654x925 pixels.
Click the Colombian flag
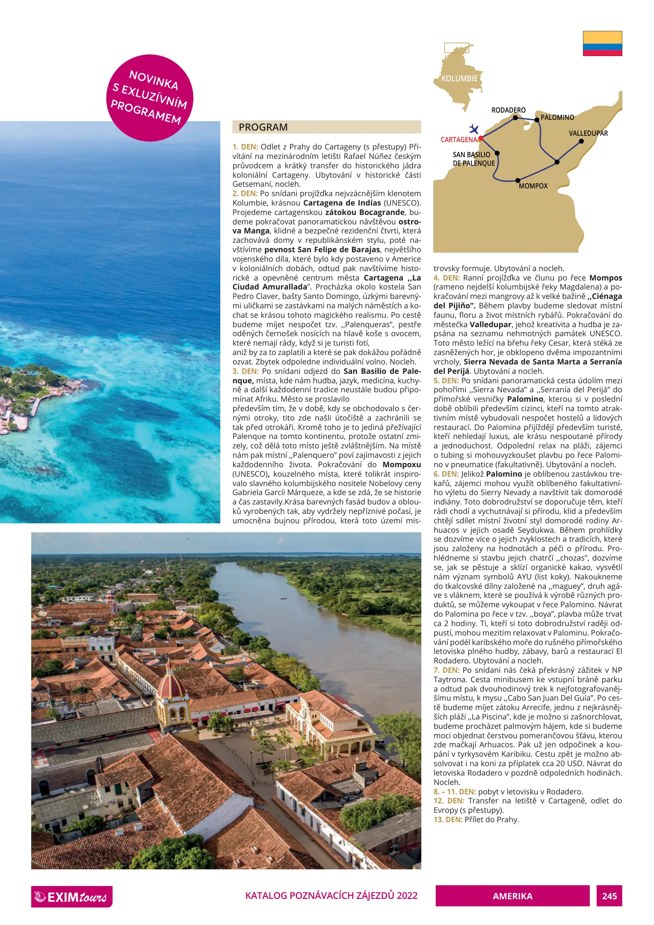click(x=602, y=43)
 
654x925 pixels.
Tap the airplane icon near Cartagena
click(x=473, y=128)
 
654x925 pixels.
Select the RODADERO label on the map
click(x=508, y=110)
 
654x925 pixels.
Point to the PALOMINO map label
click(x=557, y=117)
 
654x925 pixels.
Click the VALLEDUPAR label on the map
click(x=588, y=133)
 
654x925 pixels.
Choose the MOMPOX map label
click(x=533, y=186)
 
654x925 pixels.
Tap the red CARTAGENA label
click(x=459, y=140)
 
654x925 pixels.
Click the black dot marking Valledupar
click(x=581, y=141)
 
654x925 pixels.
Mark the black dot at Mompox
click(x=518, y=180)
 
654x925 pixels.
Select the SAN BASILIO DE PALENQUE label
click(x=473, y=159)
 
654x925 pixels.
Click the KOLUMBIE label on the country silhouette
click(x=459, y=79)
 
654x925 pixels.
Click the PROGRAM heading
click(x=263, y=127)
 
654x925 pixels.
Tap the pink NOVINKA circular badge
click(x=150, y=98)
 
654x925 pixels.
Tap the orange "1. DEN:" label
click(x=246, y=147)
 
